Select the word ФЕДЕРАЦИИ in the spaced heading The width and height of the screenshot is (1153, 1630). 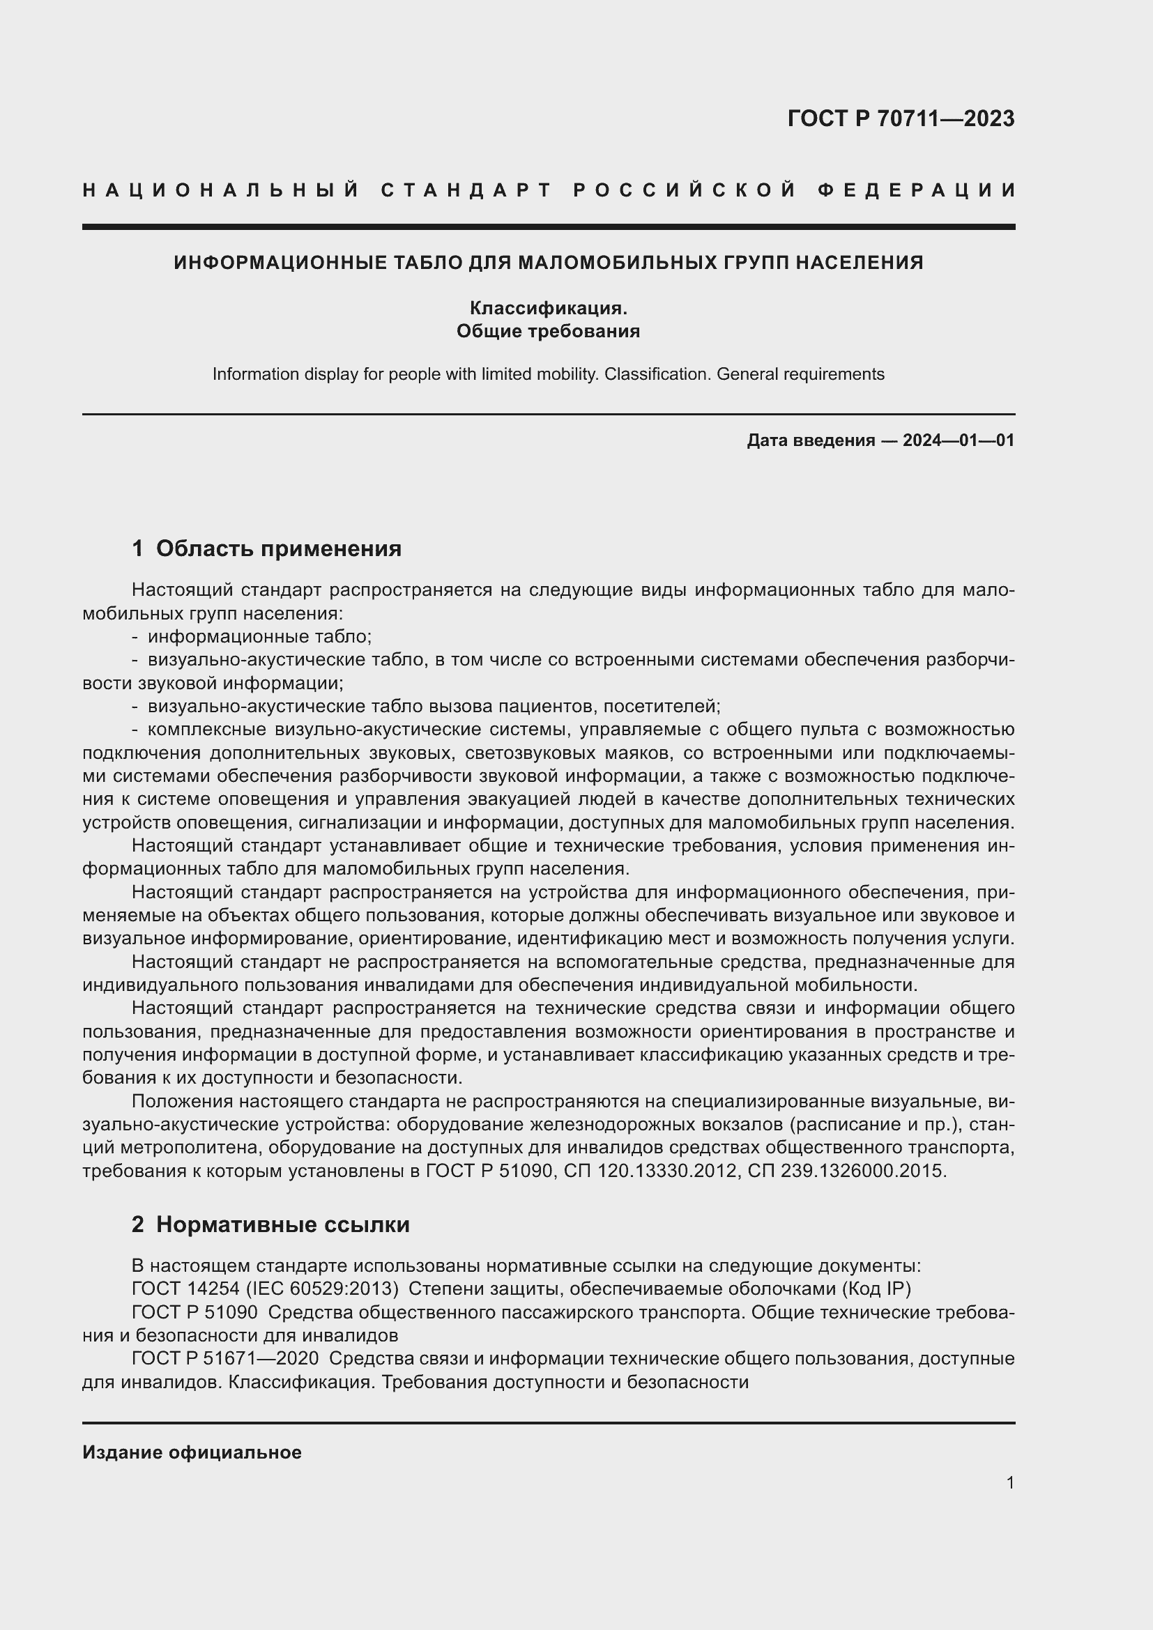pyautogui.click(x=917, y=190)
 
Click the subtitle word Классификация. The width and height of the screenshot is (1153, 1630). pyautogui.click(x=548, y=308)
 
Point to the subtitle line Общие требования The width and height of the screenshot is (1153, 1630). pyautogui.click(x=548, y=331)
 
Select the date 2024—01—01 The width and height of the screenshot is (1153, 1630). pyautogui.click(x=959, y=440)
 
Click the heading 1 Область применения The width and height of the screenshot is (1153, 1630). pyautogui.click(x=266, y=548)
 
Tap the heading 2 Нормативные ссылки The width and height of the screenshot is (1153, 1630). pyautogui.click(x=270, y=1224)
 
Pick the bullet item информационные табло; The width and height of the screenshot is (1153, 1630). pyautogui.click(x=260, y=636)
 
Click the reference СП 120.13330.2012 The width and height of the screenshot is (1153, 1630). pyautogui.click(x=650, y=1171)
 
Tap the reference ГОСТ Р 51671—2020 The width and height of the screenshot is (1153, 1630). pyautogui.click(x=226, y=1358)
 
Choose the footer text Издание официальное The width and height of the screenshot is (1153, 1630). pyautogui.click(x=192, y=1452)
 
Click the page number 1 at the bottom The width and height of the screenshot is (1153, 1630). pyautogui.click(x=1009, y=1482)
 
